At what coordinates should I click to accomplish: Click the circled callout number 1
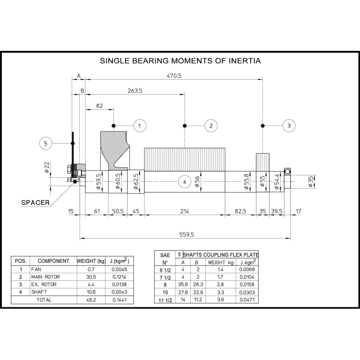[x=140, y=126]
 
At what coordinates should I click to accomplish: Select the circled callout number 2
[x=211, y=126]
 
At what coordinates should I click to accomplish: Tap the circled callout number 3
[x=289, y=126]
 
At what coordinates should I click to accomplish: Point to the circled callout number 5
[x=45, y=143]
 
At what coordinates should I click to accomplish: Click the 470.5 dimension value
[x=174, y=76]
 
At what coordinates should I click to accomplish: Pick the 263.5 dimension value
[x=135, y=91]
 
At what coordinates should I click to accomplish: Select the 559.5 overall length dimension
[x=187, y=234]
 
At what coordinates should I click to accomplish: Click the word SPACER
[x=36, y=202]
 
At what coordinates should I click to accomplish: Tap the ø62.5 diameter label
[x=136, y=181]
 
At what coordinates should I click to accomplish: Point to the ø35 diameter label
[x=310, y=182]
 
